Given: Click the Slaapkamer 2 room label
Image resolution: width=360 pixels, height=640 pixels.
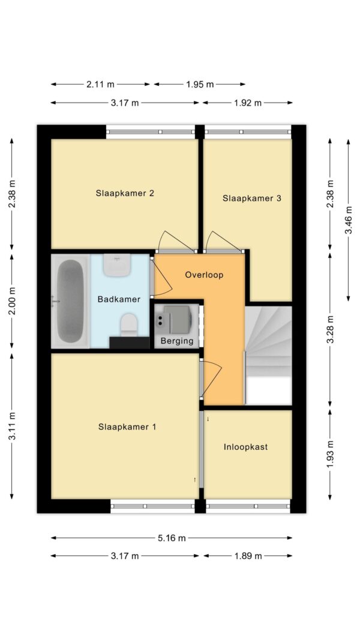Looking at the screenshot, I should tap(125, 193).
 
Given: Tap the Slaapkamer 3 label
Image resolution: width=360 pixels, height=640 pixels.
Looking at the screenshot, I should tap(251, 198).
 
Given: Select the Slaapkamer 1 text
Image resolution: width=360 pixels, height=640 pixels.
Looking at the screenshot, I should tap(127, 427).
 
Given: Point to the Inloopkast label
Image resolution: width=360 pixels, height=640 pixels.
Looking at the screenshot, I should tap(245, 447).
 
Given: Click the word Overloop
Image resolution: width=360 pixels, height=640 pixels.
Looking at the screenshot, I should tap(204, 275).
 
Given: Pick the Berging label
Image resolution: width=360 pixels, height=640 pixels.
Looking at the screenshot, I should tap(177, 341).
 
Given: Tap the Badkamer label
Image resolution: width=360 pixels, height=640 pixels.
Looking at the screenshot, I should tap(119, 299).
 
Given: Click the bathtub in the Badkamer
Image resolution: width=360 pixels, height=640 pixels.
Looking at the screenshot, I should tap(70, 301).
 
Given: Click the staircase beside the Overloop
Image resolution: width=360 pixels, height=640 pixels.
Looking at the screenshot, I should tap(268, 354).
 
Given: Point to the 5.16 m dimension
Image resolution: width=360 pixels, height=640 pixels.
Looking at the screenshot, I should tap(172, 538).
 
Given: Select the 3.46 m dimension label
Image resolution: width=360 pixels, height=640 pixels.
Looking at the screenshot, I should tap(349, 220).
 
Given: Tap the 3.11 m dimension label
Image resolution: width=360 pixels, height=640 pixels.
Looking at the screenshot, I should tap(12, 425).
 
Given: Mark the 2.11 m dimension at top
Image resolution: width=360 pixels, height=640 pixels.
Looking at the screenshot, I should tap(100, 85).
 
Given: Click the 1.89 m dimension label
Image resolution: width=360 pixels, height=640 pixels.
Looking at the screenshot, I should tap(247, 556).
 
